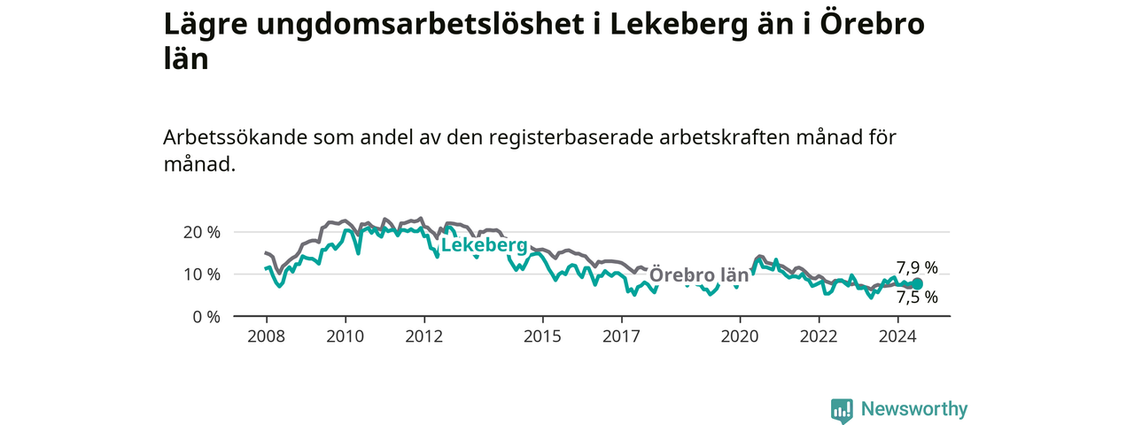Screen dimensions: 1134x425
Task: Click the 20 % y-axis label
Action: click(x=202, y=233)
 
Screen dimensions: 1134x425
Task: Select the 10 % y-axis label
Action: click(x=202, y=274)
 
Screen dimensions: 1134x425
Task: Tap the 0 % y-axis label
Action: click(x=206, y=317)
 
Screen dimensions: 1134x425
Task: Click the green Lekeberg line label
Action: click(x=485, y=245)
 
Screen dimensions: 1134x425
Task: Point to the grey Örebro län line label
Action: click(x=699, y=274)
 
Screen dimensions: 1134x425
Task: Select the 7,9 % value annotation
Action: click(x=917, y=267)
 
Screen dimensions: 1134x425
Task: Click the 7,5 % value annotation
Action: click(x=917, y=297)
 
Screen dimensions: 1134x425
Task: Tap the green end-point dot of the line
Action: click(x=917, y=284)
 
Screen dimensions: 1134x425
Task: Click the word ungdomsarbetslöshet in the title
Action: click(x=420, y=26)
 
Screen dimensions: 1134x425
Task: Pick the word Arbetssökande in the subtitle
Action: click(x=236, y=137)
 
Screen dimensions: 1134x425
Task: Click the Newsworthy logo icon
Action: click(x=842, y=410)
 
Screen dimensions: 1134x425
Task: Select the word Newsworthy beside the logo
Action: click(x=914, y=409)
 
